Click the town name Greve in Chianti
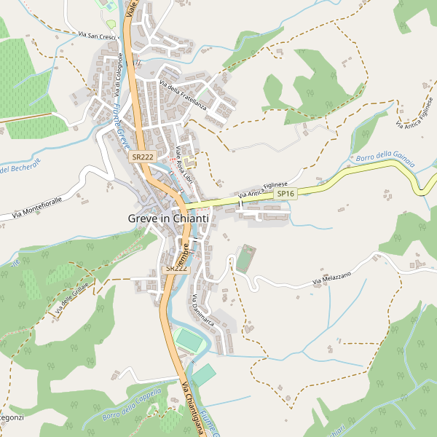pos(168,219)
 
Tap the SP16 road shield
pos(286,194)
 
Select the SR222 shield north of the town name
pos(141,157)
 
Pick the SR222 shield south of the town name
pos(176,269)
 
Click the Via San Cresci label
pos(98,35)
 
